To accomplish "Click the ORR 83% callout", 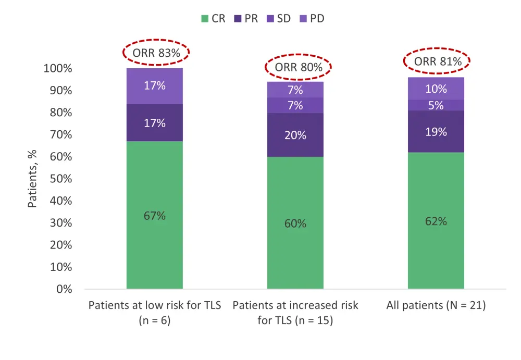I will (156, 52).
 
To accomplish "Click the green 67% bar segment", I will (155, 215).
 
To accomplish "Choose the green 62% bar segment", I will (436, 220).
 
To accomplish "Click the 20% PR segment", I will (295, 135).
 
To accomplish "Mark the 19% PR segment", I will (436, 132).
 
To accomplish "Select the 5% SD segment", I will (436, 105).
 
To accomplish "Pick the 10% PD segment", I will (436, 89).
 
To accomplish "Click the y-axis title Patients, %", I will (33, 179).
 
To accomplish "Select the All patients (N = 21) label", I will (436, 305).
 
